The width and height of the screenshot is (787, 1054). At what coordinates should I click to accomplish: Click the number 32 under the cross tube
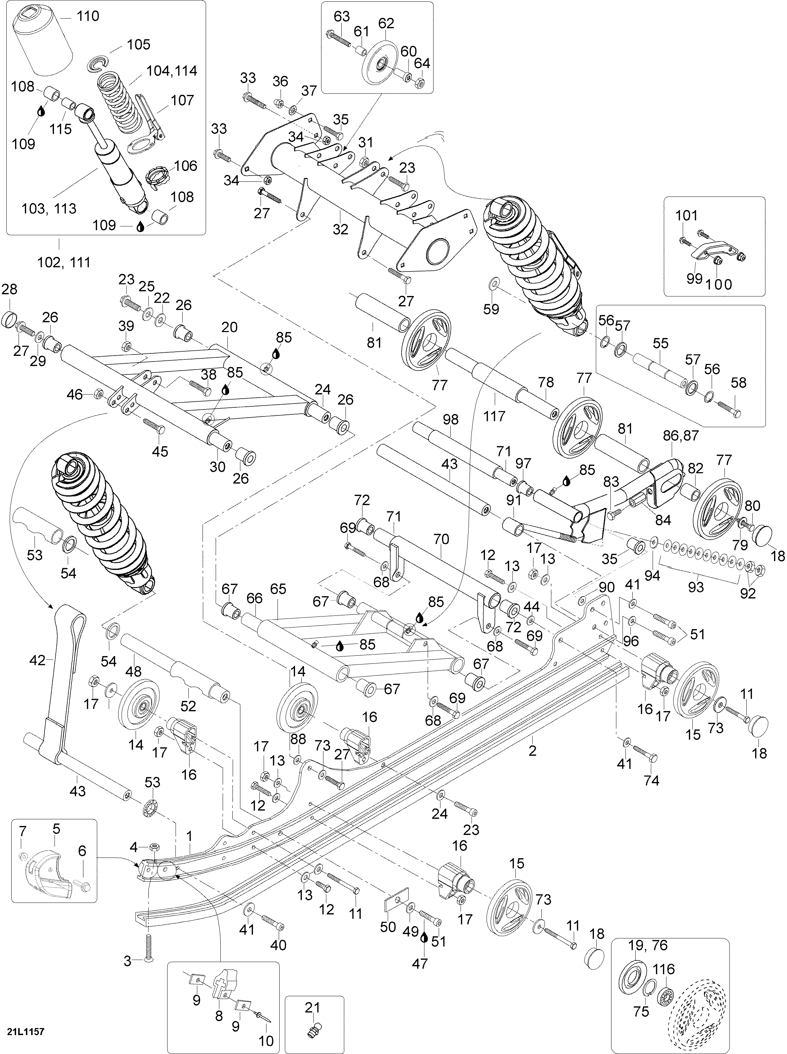[x=341, y=229]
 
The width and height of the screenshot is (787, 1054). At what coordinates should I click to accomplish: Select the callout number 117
[x=494, y=416]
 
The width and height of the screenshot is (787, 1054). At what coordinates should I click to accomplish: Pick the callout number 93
[x=696, y=586]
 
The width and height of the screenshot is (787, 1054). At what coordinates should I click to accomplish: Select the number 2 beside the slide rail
[x=533, y=751]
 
